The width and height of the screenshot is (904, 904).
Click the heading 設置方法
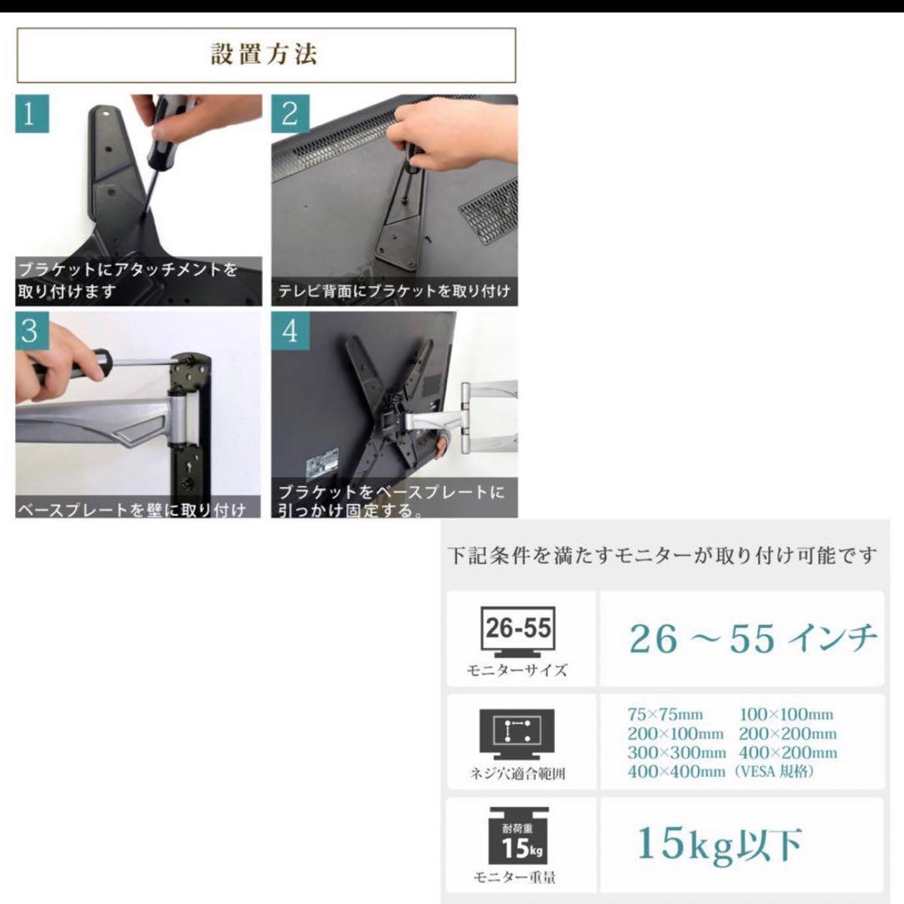[x=265, y=54]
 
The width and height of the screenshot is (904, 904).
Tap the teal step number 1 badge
[x=32, y=114]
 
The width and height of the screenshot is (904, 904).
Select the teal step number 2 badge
[x=290, y=114]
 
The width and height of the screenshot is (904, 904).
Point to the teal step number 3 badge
[x=32, y=331]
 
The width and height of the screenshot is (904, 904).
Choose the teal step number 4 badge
[x=290, y=331]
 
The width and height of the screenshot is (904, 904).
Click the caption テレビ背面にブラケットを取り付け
[x=395, y=290]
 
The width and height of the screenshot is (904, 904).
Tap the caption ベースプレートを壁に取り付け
[x=132, y=509]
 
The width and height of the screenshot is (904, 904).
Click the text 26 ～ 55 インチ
[x=753, y=639]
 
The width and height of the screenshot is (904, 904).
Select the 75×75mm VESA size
[x=665, y=715]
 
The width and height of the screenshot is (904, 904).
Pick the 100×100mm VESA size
[x=786, y=715]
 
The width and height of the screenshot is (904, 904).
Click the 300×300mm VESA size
[x=676, y=753]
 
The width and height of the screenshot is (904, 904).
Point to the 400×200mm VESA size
[x=788, y=753]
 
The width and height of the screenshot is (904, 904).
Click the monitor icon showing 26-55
[x=518, y=632]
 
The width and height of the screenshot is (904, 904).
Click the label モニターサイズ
[x=517, y=670]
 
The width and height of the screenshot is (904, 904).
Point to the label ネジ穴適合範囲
[x=517, y=773]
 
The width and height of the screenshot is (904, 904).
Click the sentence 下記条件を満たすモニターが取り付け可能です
[x=662, y=556]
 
